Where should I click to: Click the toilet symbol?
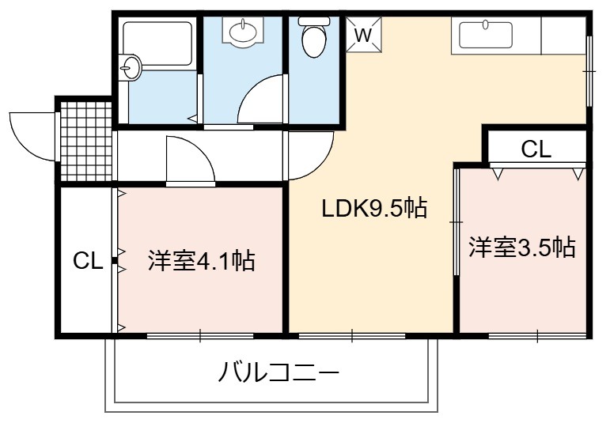313,37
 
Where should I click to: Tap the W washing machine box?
364,34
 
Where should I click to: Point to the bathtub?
157,43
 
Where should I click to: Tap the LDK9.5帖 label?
374,209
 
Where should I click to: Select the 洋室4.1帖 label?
201,260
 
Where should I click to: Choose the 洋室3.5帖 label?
521,247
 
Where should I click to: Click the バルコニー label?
278,372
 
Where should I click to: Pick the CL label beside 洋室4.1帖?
88,260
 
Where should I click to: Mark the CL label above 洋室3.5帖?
536,149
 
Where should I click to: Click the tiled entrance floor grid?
86,142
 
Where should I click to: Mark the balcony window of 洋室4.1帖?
200,335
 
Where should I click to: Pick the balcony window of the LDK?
352,335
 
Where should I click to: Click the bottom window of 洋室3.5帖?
537,335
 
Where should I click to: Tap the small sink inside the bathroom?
130,67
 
